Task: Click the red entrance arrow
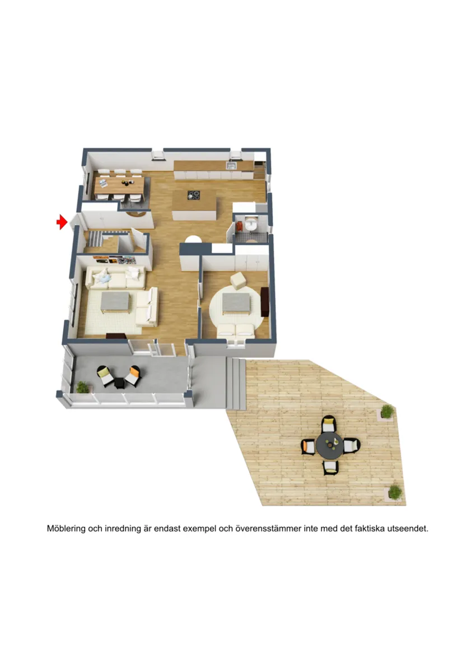pyautogui.click(x=62, y=222)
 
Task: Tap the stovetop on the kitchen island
pyautogui.click(x=193, y=195)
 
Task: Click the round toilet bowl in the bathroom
pyautogui.click(x=251, y=225)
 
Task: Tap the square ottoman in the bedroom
pyautogui.click(x=239, y=281)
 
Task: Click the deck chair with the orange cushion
pyautogui.click(x=309, y=447)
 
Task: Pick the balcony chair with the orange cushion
pyautogui.click(x=133, y=375)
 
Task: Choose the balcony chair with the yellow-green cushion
pyautogui.click(x=105, y=376)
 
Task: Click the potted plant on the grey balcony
pyautogui.click(x=82, y=388)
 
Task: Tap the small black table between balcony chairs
pyautogui.click(x=120, y=383)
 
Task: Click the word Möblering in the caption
pyautogui.click(x=66, y=529)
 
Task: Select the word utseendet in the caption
pyautogui.click(x=407, y=529)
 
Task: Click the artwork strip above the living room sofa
pyautogui.click(x=115, y=260)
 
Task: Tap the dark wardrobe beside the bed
pyautogui.click(x=264, y=301)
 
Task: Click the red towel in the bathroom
pyautogui.click(x=240, y=226)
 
